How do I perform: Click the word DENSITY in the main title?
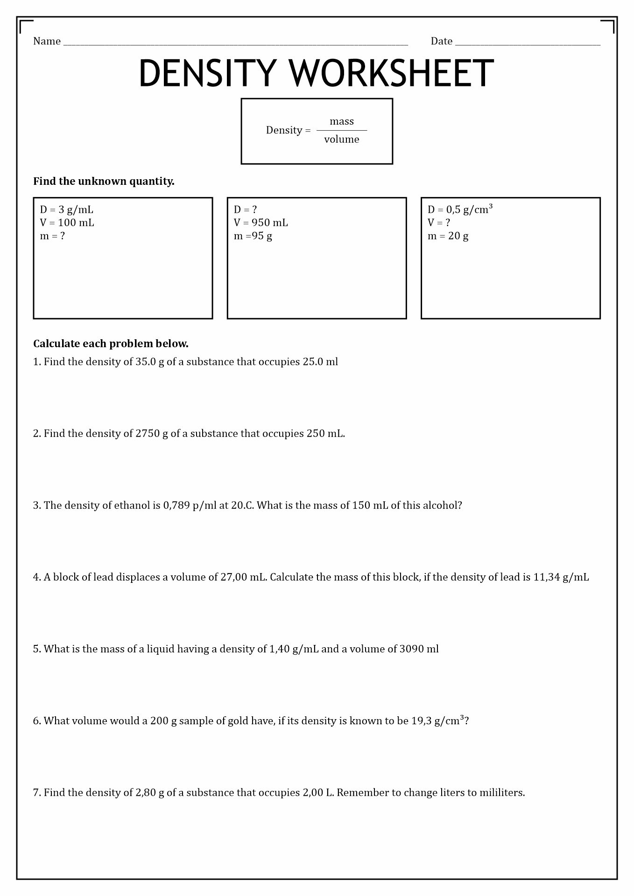207,73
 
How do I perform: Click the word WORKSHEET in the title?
391,73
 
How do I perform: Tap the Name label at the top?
47,42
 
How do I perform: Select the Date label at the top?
441,42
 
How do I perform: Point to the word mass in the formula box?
342,121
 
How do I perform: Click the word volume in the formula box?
342,139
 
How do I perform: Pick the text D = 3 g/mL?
66,210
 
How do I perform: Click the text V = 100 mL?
67,223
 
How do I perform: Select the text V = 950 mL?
261,223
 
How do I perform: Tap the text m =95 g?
253,236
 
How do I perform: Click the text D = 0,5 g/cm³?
460,210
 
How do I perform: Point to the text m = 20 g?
448,236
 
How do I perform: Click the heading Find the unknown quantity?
104,181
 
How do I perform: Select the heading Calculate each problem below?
111,343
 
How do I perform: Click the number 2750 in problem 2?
148,433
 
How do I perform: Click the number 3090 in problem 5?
412,649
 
